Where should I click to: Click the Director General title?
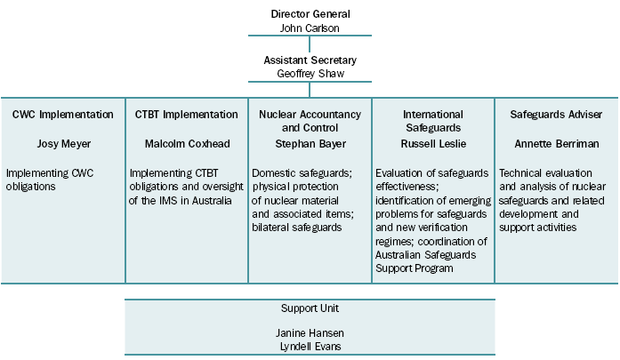310,14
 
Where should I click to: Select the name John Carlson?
310,28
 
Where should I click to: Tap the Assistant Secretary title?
310,60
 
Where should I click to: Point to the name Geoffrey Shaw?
310,74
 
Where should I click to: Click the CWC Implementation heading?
62,115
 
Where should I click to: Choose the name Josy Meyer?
62,144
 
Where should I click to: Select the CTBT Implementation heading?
187,115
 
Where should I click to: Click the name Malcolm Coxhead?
187,144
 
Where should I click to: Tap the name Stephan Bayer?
310,144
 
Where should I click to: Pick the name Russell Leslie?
433,144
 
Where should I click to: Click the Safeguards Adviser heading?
556,115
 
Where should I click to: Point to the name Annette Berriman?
556,144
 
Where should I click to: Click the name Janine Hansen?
310,332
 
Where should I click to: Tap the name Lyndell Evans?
310,346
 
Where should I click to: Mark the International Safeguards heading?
433,121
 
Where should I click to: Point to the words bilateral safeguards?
298,228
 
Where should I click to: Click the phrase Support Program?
415,268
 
